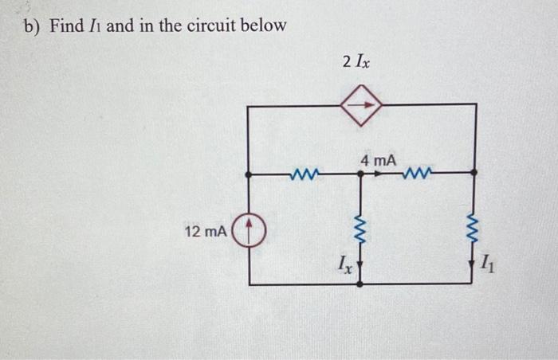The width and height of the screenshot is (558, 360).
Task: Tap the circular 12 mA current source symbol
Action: click(x=250, y=232)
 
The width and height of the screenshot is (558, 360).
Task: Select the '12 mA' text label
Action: click(x=205, y=232)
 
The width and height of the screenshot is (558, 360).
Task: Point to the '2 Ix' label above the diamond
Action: click(x=356, y=61)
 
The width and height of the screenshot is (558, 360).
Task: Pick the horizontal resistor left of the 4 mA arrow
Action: click(x=304, y=172)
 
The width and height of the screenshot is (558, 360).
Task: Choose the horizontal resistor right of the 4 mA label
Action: click(x=418, y=172)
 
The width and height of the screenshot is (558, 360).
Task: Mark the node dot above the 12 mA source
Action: click(x=250, y=173)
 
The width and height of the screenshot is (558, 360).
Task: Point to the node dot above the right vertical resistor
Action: click(x=476, y=172)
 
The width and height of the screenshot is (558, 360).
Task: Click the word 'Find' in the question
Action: click(x=67, y=26)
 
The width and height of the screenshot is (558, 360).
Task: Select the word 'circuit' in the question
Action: click(x=214, y=26)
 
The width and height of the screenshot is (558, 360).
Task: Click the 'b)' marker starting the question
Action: click(x=31, y=26)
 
